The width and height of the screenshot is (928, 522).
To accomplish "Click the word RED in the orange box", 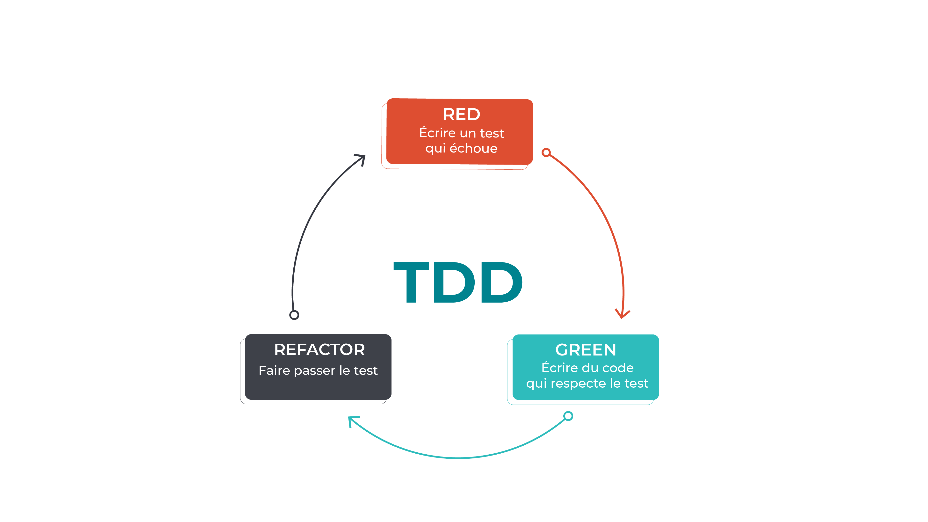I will click(x=462, y=115).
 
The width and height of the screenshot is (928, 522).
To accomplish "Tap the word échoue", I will click(x=473, y=148).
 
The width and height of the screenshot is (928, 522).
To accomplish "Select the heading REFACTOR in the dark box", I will click(x=319, y=349).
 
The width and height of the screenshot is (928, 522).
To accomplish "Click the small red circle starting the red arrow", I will click(x=546, y=152).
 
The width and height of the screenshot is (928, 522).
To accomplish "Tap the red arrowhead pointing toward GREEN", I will click(x=622, y=314).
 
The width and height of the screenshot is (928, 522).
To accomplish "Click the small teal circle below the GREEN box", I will click(x=568, y=416).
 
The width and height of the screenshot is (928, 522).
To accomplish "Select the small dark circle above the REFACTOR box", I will click(x=294, y=315).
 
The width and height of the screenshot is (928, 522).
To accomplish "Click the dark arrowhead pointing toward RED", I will click(x=361, y=159).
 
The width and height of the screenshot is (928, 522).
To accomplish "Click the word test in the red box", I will click(x=492, y=133).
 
